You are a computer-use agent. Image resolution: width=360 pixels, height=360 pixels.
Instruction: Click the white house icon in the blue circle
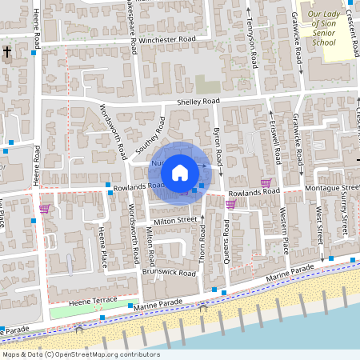pos(180,171)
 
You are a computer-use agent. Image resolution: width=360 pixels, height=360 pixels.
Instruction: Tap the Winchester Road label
pos(167,39)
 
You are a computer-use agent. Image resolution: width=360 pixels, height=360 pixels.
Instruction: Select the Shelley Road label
pos(198,102)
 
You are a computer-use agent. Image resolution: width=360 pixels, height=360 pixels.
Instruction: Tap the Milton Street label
pos(176,219)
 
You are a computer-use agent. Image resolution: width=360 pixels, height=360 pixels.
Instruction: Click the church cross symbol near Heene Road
pos(7,54)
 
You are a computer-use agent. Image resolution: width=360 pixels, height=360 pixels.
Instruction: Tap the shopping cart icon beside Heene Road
pos(45,209)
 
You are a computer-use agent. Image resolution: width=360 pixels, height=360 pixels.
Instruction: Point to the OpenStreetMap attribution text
pos(81,354)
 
